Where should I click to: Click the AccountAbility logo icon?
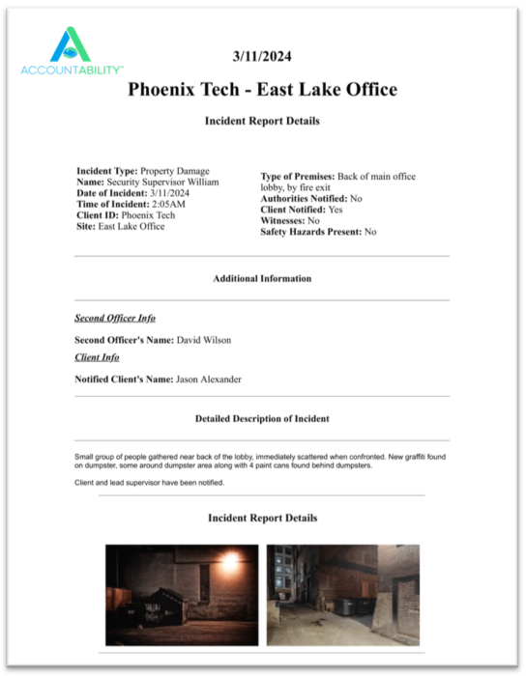click(x=71, y=43)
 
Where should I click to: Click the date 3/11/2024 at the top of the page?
click(x=262, y=57)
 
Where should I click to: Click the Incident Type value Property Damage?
click(x=174, y=171)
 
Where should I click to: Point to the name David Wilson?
click(x=204, y=340)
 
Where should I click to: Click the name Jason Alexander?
click(x=208, y=380)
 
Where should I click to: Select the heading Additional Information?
click(x=262, y=278)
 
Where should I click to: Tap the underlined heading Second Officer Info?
click(x=115, y=318)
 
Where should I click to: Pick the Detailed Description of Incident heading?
click(x=262, y=419)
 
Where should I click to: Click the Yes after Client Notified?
click(x=336, y=209)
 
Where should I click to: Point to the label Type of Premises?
click(x=297, y=176)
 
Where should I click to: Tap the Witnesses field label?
click(x=282, y=220)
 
